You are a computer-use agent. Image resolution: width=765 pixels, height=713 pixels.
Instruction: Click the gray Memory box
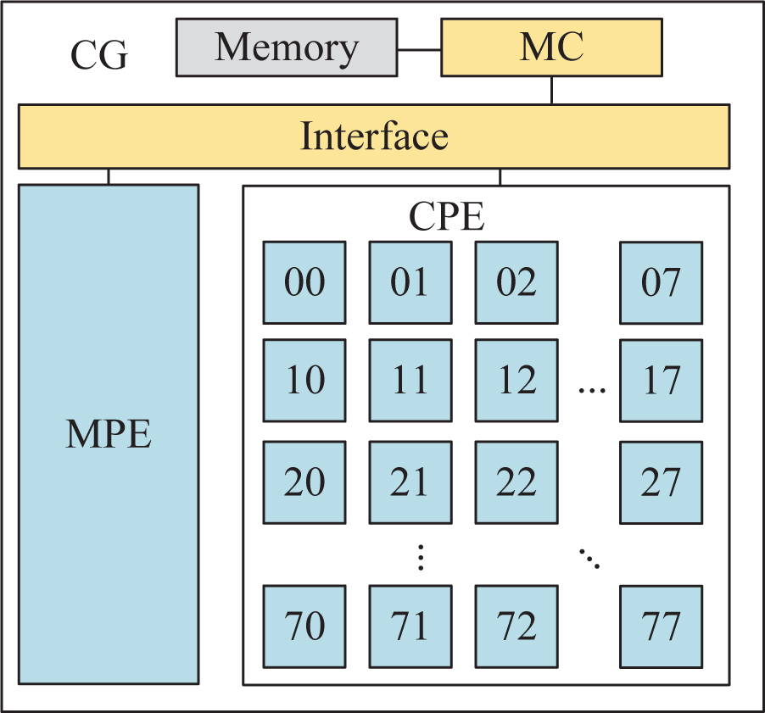(x=286, y=47)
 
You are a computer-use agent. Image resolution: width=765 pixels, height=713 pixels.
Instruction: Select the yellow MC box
(x=551, y=47)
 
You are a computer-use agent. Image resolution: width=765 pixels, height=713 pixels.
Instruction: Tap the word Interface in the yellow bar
(x=374, y=136)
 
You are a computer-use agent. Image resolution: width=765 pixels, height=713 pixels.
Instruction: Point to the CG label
(x=98, y=56)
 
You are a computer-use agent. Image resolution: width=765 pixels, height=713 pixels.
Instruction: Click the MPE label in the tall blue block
(x=109, y=434)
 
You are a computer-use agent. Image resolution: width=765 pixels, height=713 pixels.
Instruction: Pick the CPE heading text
(x=447, y=217)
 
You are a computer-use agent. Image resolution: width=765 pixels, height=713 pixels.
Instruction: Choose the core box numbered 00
(x=304, y=282)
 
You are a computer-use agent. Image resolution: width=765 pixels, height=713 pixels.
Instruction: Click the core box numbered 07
(x=661, y=282)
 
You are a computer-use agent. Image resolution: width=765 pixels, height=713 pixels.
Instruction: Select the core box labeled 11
(x=410, y=381)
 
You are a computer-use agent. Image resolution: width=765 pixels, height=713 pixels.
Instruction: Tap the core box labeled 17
(x=661, y=381)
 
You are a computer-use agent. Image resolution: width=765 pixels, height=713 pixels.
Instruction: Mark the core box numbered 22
(x=517, y=482)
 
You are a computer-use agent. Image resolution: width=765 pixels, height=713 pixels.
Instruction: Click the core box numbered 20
(x=304, y=482)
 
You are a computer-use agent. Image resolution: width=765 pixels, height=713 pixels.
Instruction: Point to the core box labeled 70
(x=304, y=626)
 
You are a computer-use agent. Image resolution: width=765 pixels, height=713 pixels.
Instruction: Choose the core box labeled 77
(x=661, y=626)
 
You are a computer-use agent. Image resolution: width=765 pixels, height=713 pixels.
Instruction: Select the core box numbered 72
(x=517, y=626)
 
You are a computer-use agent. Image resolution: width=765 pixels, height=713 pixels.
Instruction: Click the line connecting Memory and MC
(x=419, y=48)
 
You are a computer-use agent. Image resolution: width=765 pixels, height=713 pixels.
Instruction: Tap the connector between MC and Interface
(x=551, y=90)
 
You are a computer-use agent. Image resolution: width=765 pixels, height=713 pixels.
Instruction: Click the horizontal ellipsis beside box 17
(x=592, y=391)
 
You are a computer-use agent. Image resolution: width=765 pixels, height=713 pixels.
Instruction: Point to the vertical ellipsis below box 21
(x=421, y=557)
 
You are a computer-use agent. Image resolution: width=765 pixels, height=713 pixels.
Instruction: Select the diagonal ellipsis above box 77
(x=589, y=558)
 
